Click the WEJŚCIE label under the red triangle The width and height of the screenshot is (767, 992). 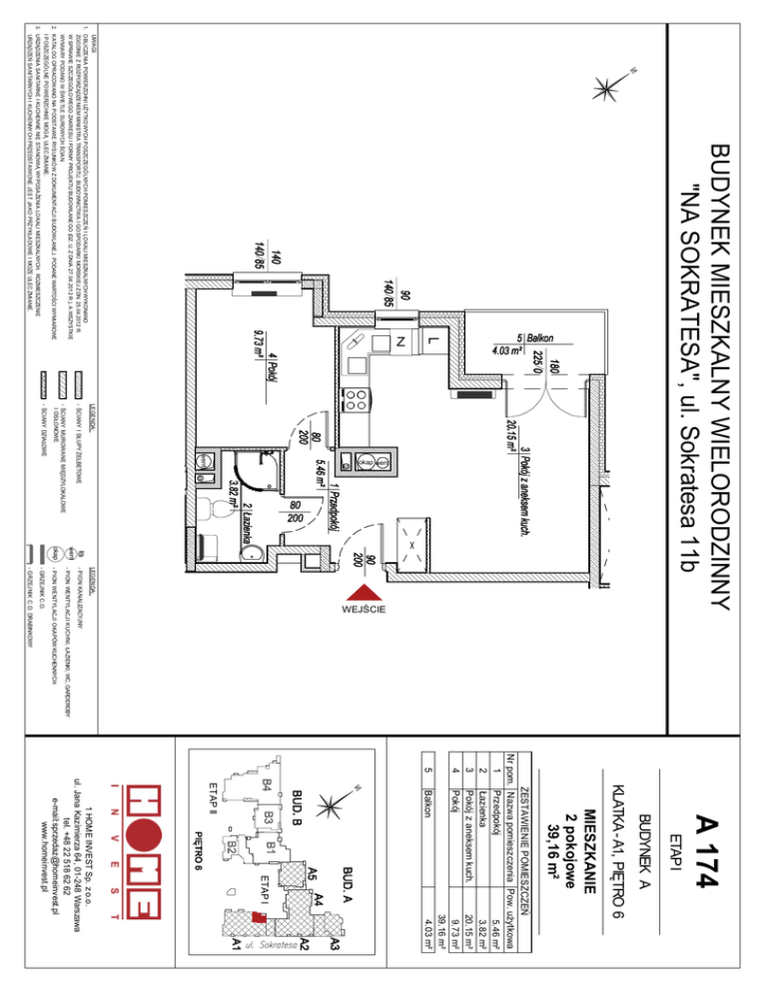[359, 607]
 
